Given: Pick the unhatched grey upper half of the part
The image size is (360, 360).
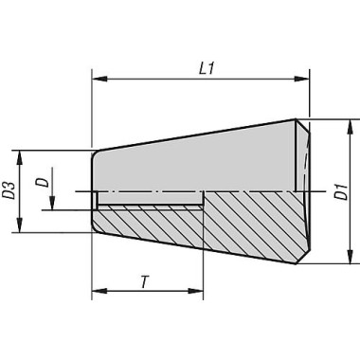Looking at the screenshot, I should tap(199, 161).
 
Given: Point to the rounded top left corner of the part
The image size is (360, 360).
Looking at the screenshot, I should tap(95, 153).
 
